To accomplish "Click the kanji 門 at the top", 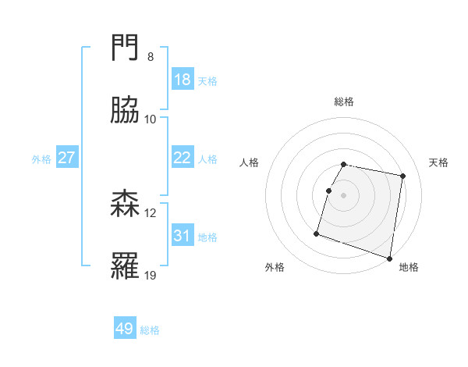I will pyautogui.click(x=126, y=50).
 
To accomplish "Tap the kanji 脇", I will pyautogui.click(x=126, y=110).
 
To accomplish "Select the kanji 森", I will pyautogui.click(x=126, y=205).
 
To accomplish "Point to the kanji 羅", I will pyautogui.click(x=126, y=266).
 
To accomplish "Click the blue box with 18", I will pyautogui.click(x=182, y=80).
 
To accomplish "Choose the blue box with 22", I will pyautogui.click(x=182, y=158).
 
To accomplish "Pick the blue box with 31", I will pyautogui.click(x=182, y=236).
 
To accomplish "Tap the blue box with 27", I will pyautogui.click(x=67, y=158).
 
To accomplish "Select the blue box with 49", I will pyautogui.click(x=125, y=329).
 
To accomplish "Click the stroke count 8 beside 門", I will pyautogui.click(x=150, y=57).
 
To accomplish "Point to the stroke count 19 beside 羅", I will pyautogui.click(x=151, y=275).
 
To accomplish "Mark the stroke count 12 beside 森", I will pyautogui.click(x=151, y=212).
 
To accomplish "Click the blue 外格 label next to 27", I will pyautogui.click(x=41, y=159).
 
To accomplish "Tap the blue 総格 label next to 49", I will pyautogui.click(x=150, y=330).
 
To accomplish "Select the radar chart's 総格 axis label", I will pyautogui.click(x=344, y=102).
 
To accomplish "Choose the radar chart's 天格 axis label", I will pyautogui.click(x=439, y=162).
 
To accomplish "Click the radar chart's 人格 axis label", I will pyautogui.click(x=250, y=162).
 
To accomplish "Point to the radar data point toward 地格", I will pyautogui.click(x=389, y=258).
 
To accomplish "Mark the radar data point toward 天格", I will pyautogui.click(x=402, y=176).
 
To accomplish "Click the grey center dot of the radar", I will pyautogui.click(x=344, y=195).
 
